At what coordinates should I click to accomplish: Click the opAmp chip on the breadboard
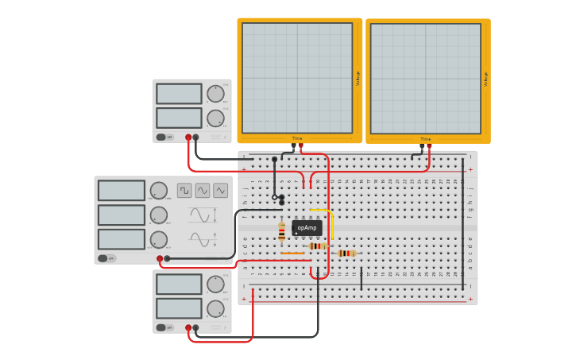coord(307,228)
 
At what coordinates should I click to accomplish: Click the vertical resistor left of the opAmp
coord(281,230)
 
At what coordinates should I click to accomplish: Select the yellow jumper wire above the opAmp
coord(321,211)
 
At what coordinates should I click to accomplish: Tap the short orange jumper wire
coord(292,254)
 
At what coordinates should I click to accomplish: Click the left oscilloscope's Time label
coord(297,138)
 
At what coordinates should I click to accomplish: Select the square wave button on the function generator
coord(184,190)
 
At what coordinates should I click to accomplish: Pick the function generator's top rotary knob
coord(159,191)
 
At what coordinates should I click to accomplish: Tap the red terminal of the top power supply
coord(188,137)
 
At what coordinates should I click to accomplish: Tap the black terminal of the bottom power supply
coord(195,327)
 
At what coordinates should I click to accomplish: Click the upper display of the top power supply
coord(179,94)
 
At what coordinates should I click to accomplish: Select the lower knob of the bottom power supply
coord(215,309)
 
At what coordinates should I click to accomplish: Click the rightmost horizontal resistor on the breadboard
coord(346,254)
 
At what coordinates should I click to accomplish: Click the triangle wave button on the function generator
coord(220,190)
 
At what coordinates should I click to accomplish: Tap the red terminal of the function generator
coord(160,258)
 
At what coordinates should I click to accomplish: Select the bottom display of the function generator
coord(122,239)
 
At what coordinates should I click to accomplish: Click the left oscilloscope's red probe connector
coord(300,146)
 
